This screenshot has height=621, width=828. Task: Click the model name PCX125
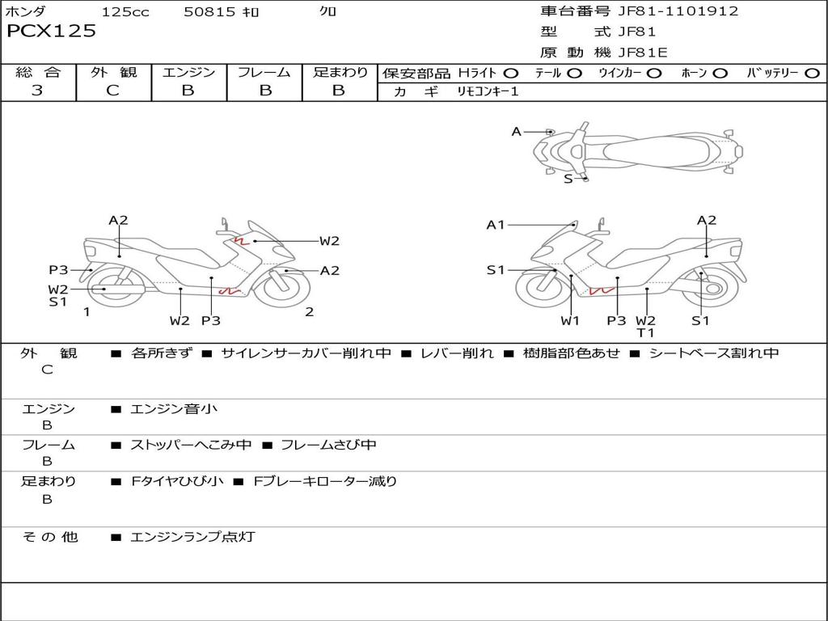[x=51, y=31]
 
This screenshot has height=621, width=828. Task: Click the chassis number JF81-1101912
[x=678, y=11]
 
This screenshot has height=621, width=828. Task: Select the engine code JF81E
[x=643, y=53]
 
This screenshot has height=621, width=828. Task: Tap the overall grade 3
[x=37, y=90]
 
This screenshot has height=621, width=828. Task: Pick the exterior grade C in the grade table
[x=112, y=90]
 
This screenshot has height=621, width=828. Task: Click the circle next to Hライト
[x=511, y=74]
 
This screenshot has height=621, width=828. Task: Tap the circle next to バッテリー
[x=813, y=74]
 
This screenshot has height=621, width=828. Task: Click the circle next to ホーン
[x=720, y=74]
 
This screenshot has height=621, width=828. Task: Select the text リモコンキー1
[x=488, y=91]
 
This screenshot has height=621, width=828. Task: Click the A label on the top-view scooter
[x=517, y=132]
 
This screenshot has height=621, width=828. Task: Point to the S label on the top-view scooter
[x=568, y=179]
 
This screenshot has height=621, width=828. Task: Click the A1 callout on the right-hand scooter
[x=496, y=225]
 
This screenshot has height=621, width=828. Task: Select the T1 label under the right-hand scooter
[x=645, y=332]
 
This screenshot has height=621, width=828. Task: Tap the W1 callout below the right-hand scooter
[x=570, y=320]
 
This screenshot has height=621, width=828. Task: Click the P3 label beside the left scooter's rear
[x=58, y=270]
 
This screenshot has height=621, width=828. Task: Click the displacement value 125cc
[x=125, y=11]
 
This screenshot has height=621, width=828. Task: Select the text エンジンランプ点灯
[x=192, y=537]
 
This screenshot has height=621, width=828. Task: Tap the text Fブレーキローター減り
[x=325, y=481]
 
